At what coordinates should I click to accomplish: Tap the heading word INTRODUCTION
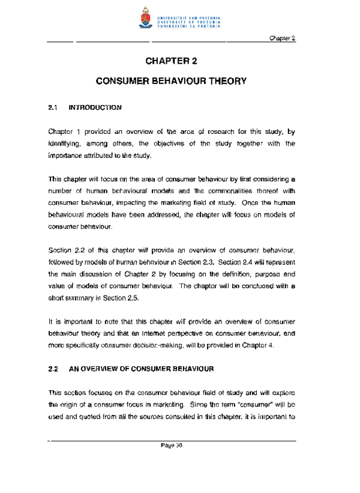click(x=96, y=108)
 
